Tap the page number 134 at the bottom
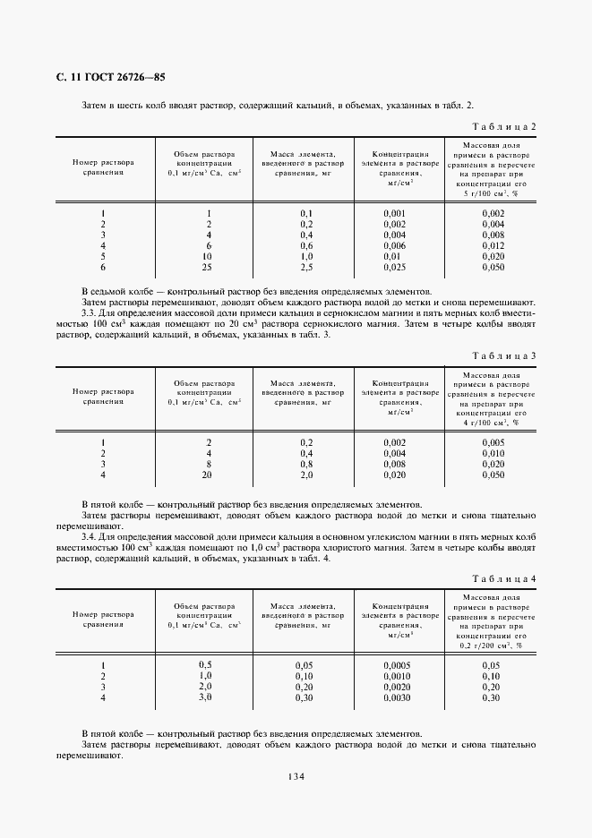coord(296,775)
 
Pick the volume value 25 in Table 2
coord(208,267)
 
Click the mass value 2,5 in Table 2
coord(305,267)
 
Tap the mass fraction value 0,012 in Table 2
coord(493,245)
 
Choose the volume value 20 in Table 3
coord(208,475)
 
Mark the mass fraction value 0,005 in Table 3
coord(493,443)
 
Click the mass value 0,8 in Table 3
coord(305,465)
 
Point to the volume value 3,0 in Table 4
coord(205,697)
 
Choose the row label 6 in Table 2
coord(103,267)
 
